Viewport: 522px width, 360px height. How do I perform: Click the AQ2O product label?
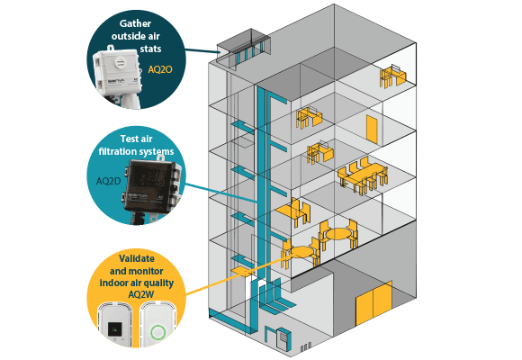160,69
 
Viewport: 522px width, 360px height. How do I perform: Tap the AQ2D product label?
108,181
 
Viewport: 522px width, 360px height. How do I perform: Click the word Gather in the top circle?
135,23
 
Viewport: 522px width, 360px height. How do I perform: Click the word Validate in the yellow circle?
137,258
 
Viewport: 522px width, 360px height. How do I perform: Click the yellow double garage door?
373,304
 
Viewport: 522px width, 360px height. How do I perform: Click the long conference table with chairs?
363,175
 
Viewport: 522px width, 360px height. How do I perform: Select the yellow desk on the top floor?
393,76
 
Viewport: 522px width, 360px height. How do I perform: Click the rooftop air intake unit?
244,49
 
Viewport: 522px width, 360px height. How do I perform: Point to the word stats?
150,49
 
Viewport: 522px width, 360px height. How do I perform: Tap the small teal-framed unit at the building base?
283,338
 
